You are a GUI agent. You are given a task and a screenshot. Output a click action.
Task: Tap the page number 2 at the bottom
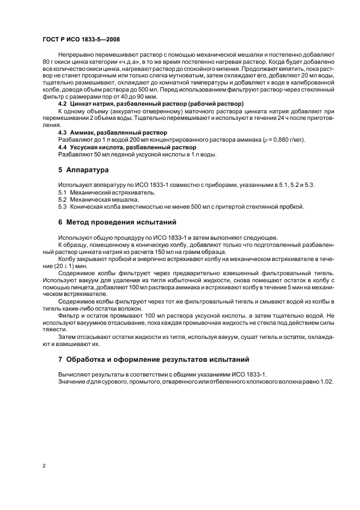point(44,465)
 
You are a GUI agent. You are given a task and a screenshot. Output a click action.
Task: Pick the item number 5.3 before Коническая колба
point(62,207)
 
